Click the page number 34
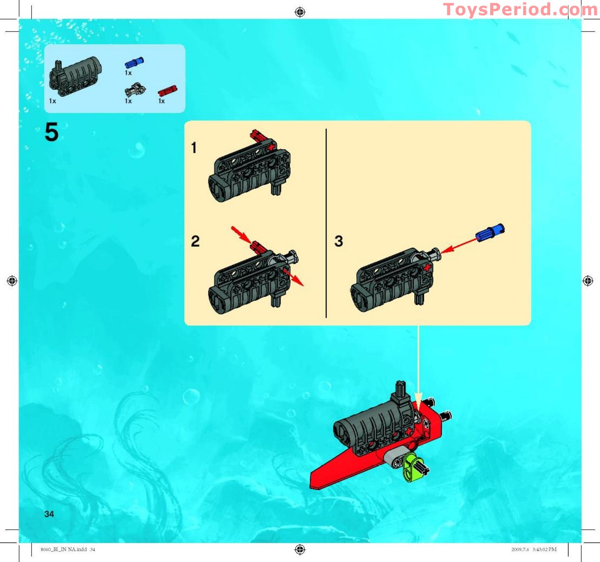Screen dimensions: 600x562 click(x=49, y=514)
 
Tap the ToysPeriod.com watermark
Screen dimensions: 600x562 click(x=521, y=9)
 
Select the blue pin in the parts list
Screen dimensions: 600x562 click(x=134, y=62)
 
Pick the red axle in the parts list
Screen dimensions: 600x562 click(x=167, y=91)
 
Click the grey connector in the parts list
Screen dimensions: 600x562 click(x=135, y=90)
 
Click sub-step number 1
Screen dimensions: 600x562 click(x=194, y=148)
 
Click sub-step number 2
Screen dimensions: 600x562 click(x=195, y=241)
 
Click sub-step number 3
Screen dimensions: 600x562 click(x=339, y=241)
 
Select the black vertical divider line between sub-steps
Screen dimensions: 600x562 click(x=326, y=223)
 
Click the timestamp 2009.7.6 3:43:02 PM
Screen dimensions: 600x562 click(x=534, y=550)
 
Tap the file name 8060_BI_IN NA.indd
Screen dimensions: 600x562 click(x=63, y=550)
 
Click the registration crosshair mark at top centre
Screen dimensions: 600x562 click(x=300, y=12)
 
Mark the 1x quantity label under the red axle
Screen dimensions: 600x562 click(x=162, y=101)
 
